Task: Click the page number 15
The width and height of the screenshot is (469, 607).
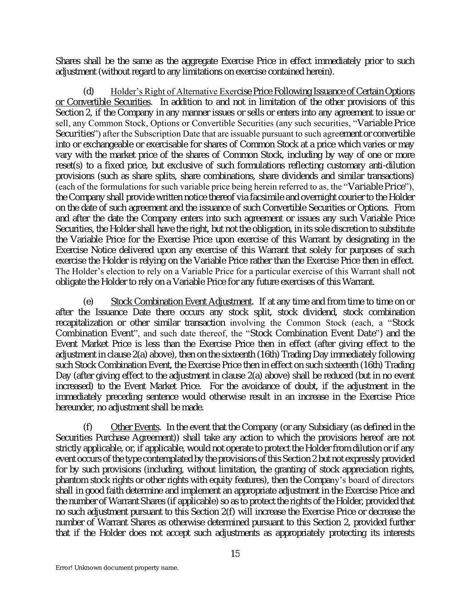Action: pyautogui.click(x=235, y=554)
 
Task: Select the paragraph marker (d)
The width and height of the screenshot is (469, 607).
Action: pyautogui.click(x=89, y=92)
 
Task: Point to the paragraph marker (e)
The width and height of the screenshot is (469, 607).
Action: pyautogui.click(x=89, y=301)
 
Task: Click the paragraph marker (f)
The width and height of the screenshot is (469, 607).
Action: pyautogui.click(x=88, y=427)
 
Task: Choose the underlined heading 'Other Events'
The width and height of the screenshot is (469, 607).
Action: pyautogui.click(x=134, y=427)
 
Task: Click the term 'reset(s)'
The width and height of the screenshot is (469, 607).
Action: pyautogui.click(x=69, y=165)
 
